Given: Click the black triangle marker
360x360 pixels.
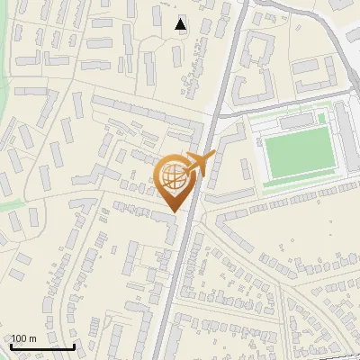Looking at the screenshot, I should coord(181,24).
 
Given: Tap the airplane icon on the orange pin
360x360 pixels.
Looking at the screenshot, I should coord(198,163).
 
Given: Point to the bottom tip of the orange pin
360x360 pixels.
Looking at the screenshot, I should coord(175,212).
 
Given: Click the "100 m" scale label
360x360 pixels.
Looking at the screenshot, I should coord(23,338).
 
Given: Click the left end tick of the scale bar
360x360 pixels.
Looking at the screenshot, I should coord(11,345).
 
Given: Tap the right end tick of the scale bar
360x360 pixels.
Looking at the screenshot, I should coord(75,345).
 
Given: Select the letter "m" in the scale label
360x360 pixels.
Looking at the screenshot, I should coord(32,338).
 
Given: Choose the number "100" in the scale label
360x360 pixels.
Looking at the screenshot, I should coord(19,338).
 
